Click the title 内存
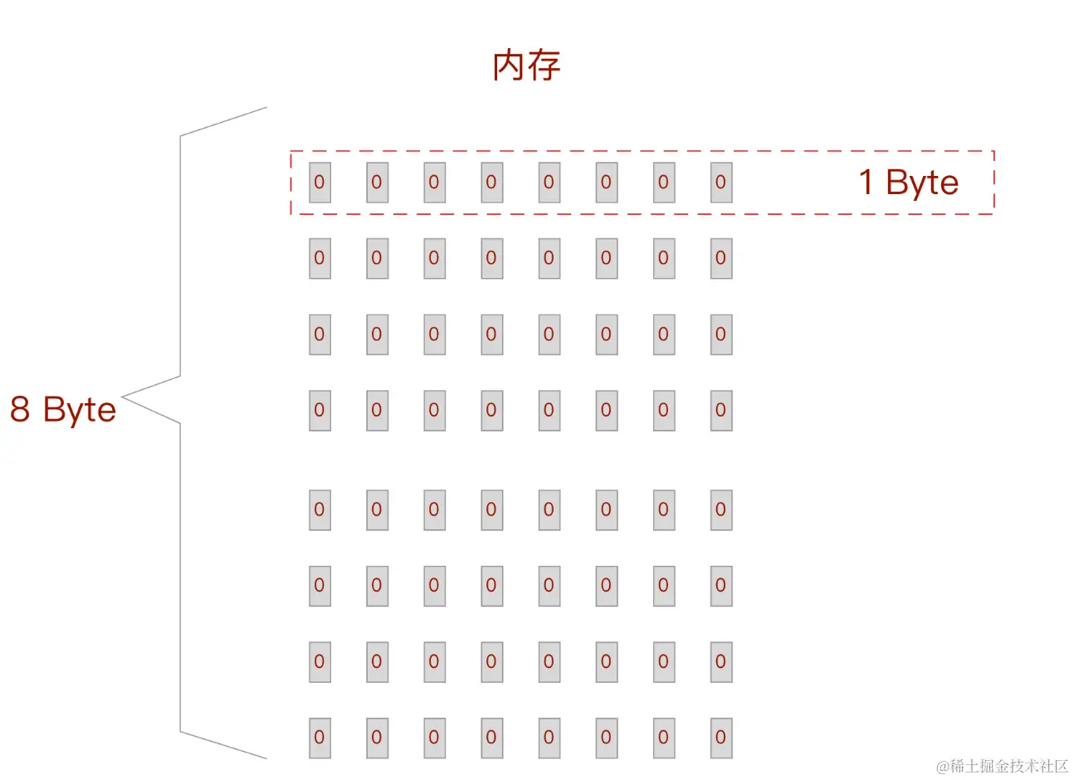click(526, 66)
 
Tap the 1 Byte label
click(908, 183)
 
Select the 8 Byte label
click(63, 410)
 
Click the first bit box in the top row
click(320, 183)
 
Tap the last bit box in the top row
click(720, 183)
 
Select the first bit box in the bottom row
click(320, 738)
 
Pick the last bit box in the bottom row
click(720, 738)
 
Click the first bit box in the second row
click(320, 258)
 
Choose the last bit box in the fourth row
click(720, 410)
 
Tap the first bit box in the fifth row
click(320, 509)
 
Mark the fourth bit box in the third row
click(491, 334)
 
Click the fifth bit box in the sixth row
click(549, 586)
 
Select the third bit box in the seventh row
click(434, 662)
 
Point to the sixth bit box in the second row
click(606, 258)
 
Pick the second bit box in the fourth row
click(377, 410)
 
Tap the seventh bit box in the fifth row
click(663, 509)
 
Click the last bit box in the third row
click(720, 334)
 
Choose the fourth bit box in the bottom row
click(491, 738)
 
